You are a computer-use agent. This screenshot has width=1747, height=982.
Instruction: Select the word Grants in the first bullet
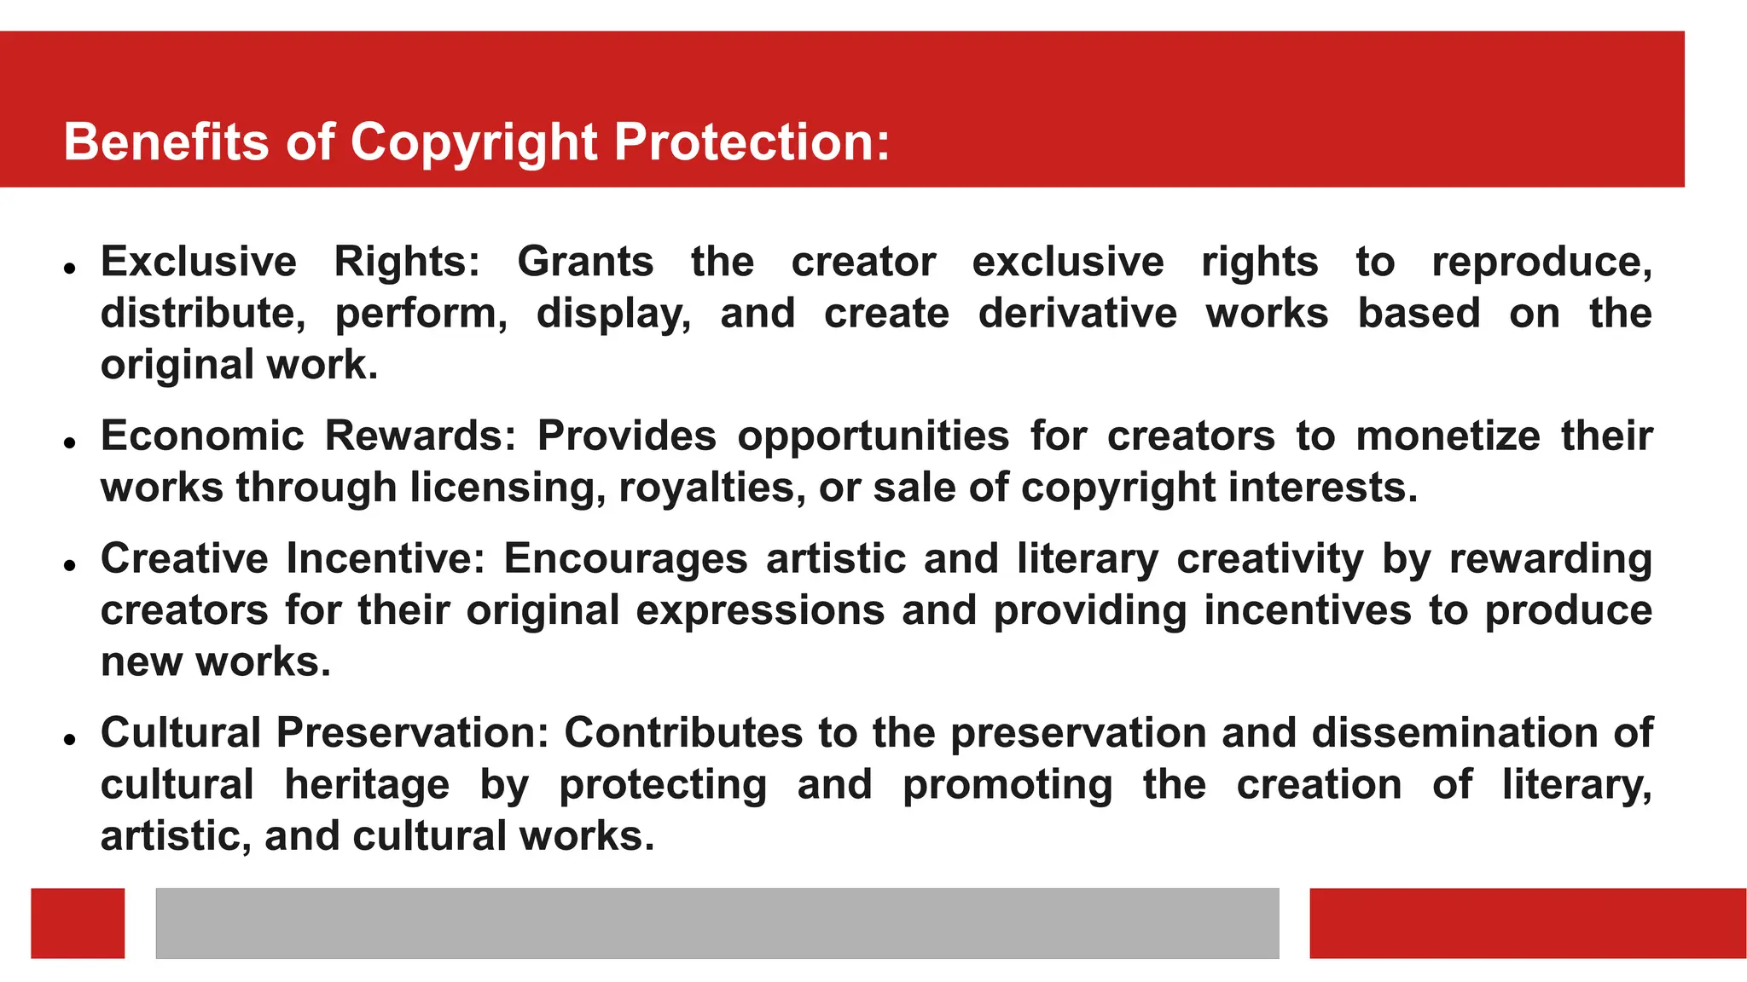point(585,262)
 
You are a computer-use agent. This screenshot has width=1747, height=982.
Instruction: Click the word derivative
point(1077,313)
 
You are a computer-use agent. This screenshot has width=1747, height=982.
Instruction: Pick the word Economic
point(202,436)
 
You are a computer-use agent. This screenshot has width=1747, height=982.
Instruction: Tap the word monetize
point(1448,436)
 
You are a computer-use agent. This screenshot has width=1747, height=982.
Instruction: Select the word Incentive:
point(386,558)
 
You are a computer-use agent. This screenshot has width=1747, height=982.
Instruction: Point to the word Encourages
point(625,560)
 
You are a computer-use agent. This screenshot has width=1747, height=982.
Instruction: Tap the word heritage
point(367,785)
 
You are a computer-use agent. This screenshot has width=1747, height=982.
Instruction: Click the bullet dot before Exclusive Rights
point(70,268)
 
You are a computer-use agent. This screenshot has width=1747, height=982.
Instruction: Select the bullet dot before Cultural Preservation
point(70,739)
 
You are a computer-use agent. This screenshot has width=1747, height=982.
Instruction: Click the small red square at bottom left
point(78,923)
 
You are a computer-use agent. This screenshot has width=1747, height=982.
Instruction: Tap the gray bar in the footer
point(717,923)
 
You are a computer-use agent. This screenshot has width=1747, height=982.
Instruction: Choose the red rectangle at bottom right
point(1528,923)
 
